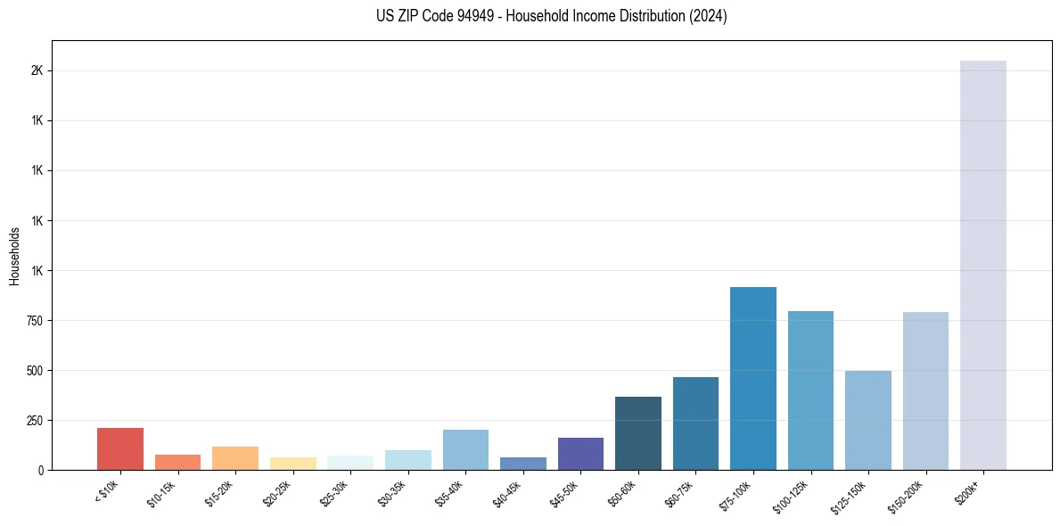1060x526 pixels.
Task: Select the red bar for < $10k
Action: coord(120,448)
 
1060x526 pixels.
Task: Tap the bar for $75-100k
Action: coord(753,378)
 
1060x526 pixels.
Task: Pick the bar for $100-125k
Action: coord(810,390)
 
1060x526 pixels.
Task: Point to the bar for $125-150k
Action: coord(868,420)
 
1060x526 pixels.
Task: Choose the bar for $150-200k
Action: coord(925,390)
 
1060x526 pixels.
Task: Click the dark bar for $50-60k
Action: coord(638,433)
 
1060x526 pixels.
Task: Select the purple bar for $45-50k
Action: coord(580,453)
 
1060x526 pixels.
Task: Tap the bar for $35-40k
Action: coord(465,449)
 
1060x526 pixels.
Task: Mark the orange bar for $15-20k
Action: coord(235,457)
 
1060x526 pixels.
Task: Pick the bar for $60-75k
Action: coord(695,423)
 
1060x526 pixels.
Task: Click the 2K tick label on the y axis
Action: coord(37,70)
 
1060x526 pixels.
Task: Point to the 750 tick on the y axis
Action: coord(35,320)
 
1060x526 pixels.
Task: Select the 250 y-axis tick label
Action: coord(35,420)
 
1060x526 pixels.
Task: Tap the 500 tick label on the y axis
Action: coord(35,370)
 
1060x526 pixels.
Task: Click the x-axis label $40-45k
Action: coord(507,493)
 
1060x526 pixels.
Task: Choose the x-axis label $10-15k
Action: coord(161,493)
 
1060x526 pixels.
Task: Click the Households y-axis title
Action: coord(14,255)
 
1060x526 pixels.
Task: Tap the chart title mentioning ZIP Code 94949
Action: coord(552,16)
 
